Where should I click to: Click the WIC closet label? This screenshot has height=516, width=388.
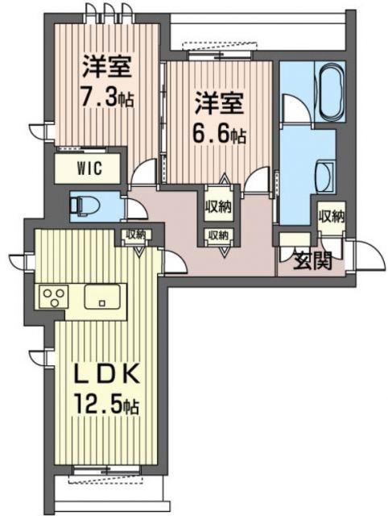click(89, 169)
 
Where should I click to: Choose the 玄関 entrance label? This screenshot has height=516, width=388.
click(309, 260)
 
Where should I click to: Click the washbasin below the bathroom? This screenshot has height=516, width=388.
click(326, 172)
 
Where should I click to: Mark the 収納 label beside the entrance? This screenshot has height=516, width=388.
click(330, 216)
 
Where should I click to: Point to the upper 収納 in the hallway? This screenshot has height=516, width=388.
click(217, 206)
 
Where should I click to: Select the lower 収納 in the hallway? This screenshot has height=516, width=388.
click(217, 235)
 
